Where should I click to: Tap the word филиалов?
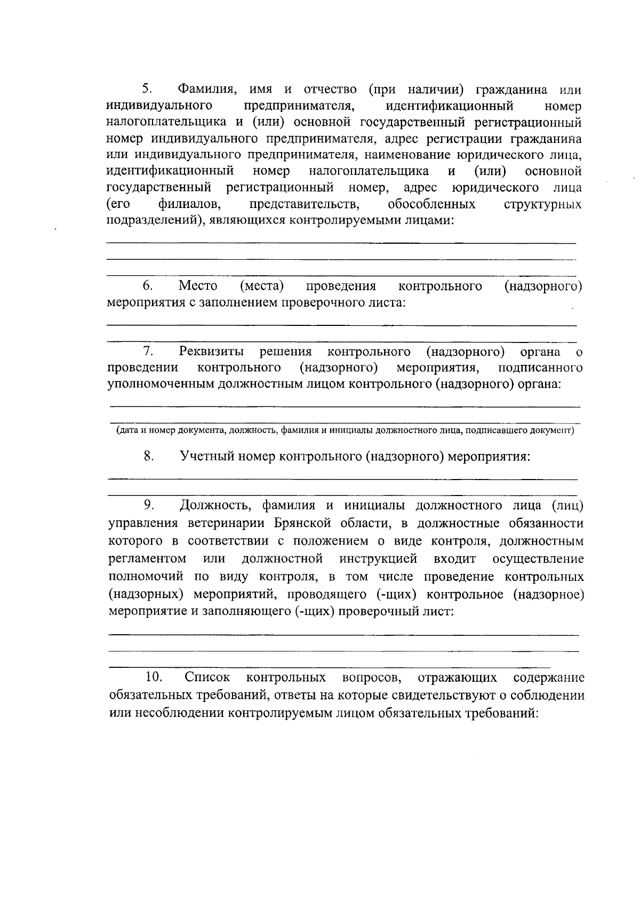point(189,205)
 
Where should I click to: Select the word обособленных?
point(431,205)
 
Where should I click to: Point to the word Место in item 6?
point(197,286)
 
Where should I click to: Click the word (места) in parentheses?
point(261,286)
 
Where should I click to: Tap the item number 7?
point(148,351)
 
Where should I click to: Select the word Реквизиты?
point(212,352)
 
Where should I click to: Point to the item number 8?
point(149,456)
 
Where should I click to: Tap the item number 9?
point(149,504)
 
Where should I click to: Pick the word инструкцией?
point(378,559)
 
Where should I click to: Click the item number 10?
point(154,677)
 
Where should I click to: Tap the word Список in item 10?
point(207,677)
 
